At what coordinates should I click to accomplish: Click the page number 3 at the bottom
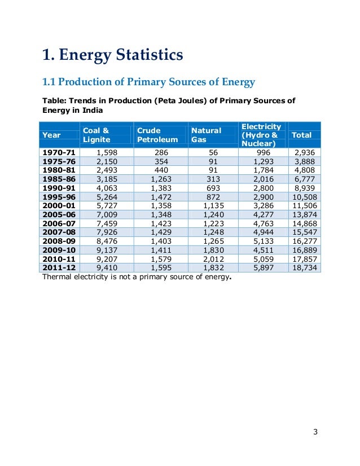pyautogui.click(x=315, y=432)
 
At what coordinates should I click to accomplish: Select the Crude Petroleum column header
pyautogui.click(x=157, y=135)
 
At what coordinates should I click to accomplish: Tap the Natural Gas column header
pyautogui.click(x=206, y=135)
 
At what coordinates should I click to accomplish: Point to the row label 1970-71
pyautogui.click(x=58, y=152)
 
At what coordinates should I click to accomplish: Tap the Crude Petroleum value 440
pyautogui.click(x=161, y=170)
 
